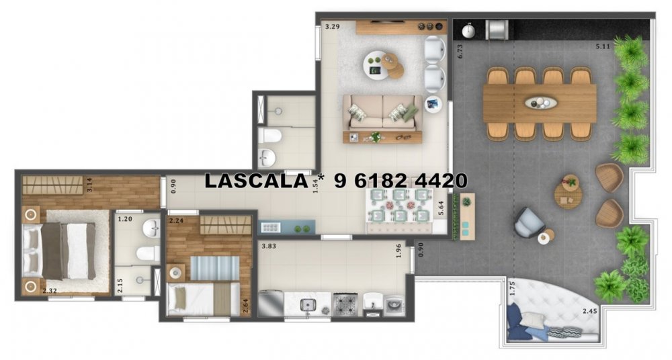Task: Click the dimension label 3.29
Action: [333, 27]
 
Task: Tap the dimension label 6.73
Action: [460, 51]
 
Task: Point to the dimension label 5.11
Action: [603, 47]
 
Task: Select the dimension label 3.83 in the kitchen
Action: [269, 246]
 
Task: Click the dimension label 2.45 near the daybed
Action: [590, 312]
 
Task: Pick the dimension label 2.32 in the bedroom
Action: [50, 291]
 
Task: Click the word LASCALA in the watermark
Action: [256, 181]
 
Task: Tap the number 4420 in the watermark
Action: [441, 181]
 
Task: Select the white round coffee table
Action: [376, 65]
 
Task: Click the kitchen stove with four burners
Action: [346, 304]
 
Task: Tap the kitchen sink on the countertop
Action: [307, 305]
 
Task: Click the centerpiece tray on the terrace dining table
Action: [541, 103]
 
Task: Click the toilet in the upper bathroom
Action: [270, 136]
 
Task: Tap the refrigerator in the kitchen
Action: [270, 304]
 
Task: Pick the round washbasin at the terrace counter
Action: [469, 30]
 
